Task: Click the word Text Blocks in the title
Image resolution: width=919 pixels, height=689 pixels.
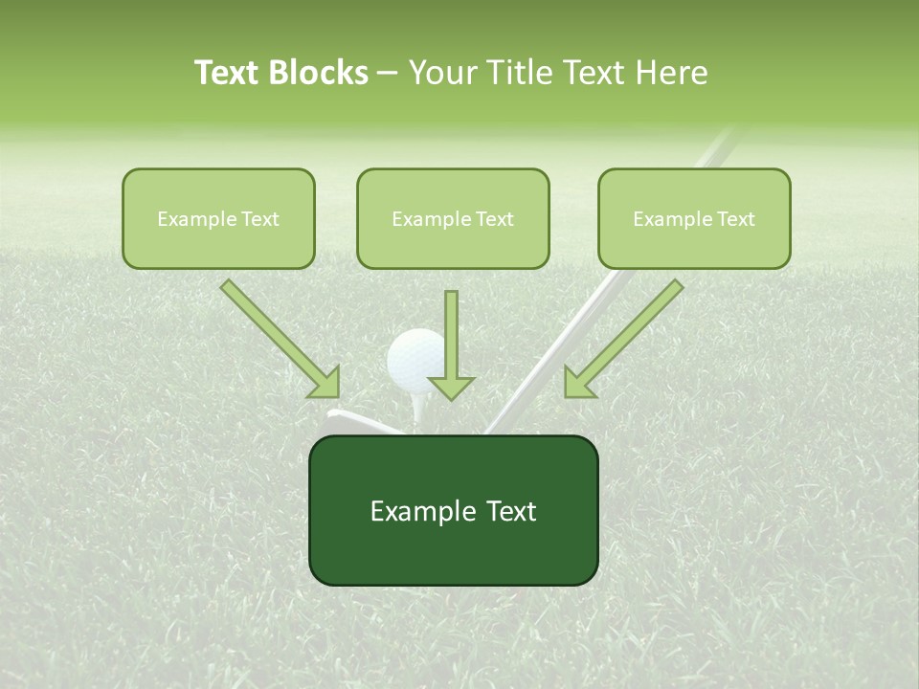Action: (x=280, y=73)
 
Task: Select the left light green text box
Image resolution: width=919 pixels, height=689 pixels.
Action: (x=218, y=218)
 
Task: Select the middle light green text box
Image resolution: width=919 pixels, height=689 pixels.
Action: (x=453, y=218)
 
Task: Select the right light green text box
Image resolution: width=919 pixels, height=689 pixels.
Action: (x=694, y=218)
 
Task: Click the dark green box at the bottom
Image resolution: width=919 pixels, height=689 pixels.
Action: (x=453, y=510)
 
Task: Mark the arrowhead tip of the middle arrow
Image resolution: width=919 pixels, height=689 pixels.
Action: (x=451, y=397)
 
